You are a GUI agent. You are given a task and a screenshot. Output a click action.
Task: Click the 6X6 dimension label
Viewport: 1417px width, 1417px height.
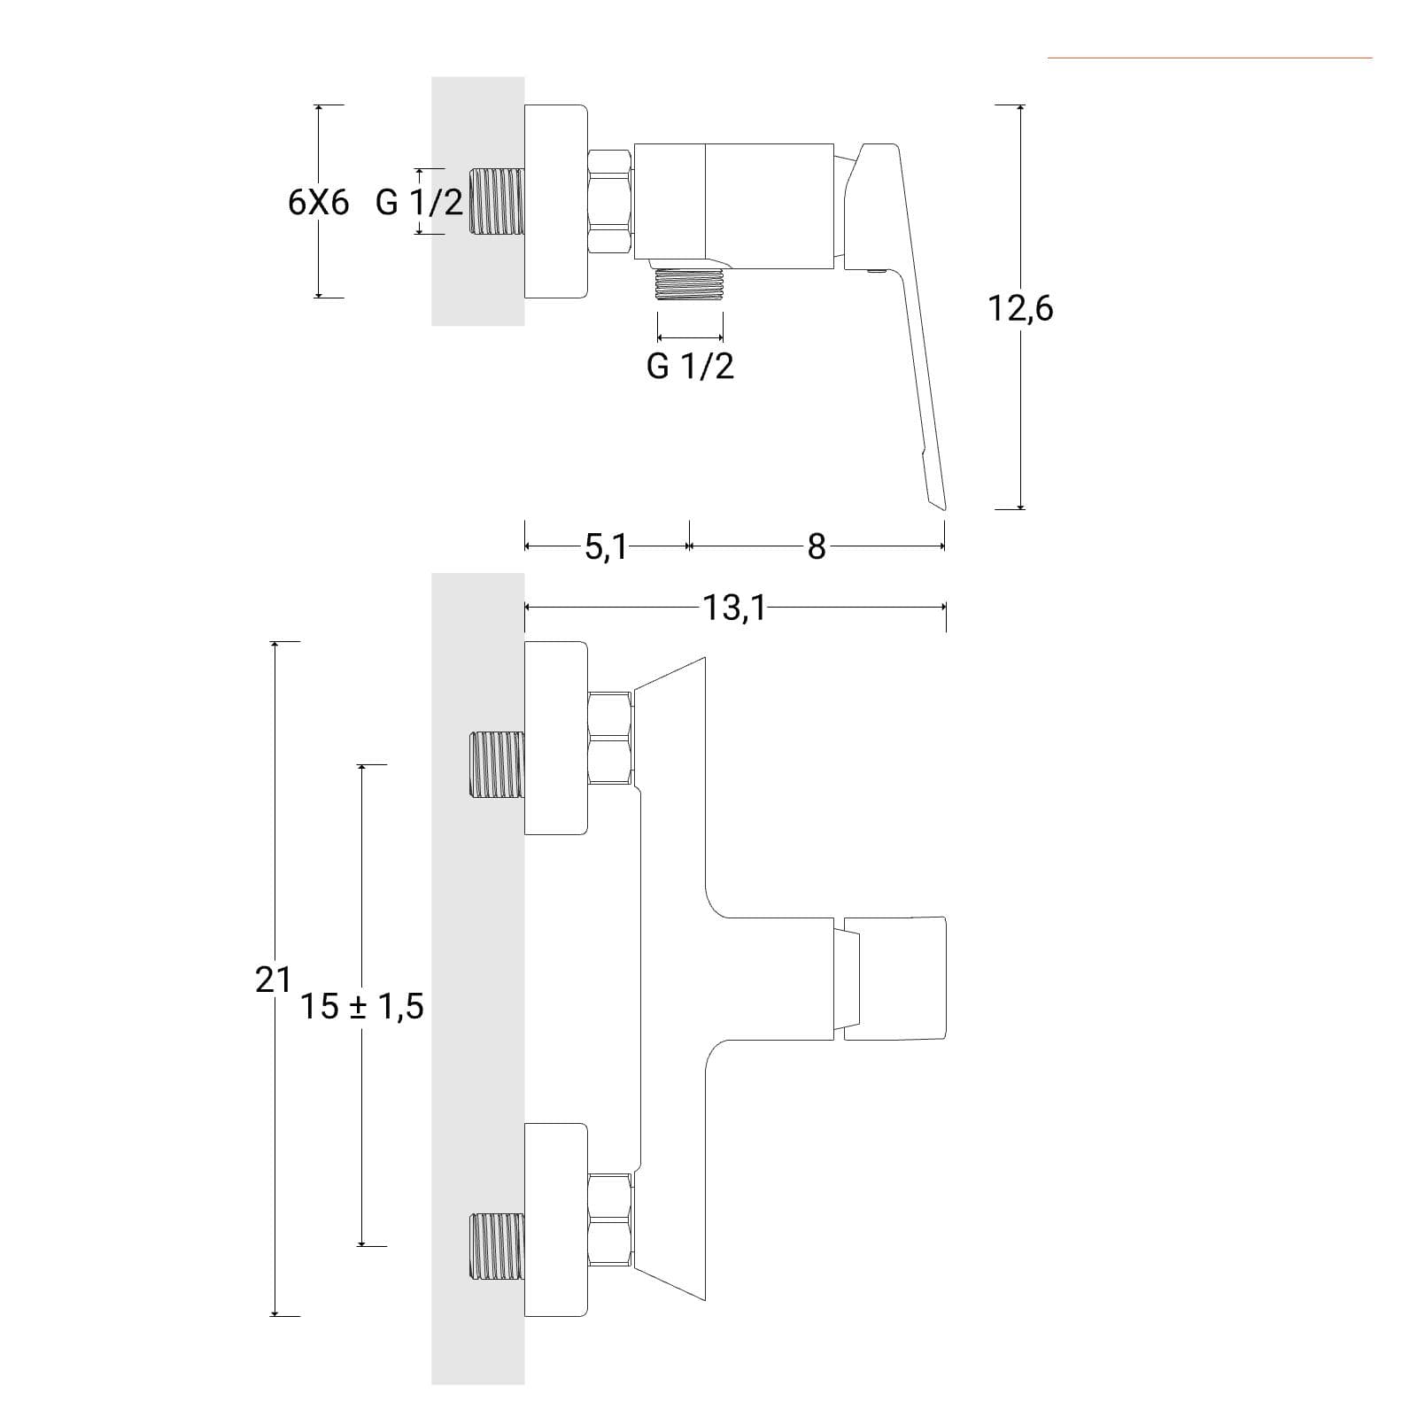pos(319,203)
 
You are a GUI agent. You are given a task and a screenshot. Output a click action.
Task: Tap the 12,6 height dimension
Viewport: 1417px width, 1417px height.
pos(1020,309)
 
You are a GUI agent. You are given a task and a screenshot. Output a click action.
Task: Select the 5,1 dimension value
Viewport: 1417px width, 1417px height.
pos(606,547)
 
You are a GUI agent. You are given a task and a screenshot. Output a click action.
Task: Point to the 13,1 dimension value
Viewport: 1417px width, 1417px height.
pos(734,608)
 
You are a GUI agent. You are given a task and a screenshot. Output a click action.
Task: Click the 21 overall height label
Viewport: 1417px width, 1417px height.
pos(273,980)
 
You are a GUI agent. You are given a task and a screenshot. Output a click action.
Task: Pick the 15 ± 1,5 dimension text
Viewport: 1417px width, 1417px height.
pos(361,1006)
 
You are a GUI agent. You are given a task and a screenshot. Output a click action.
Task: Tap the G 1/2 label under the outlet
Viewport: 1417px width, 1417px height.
pos(691,366)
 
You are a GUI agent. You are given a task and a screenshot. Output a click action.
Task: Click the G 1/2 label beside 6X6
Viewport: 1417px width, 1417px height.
pos(419,203)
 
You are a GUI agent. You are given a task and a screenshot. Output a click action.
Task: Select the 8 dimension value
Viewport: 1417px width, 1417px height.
pos(816,547)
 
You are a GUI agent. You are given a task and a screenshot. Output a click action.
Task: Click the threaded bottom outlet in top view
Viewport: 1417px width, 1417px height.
pos(690,284)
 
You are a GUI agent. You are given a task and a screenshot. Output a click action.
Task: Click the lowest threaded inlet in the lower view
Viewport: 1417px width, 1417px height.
pos(496,1246)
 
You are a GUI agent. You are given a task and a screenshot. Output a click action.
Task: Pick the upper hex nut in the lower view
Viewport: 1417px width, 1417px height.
pos(611,738)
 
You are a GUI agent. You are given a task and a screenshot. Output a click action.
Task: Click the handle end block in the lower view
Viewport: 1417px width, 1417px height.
pos(894,979)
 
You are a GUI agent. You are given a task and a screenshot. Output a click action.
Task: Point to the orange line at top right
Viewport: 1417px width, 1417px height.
pos(1210,58)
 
